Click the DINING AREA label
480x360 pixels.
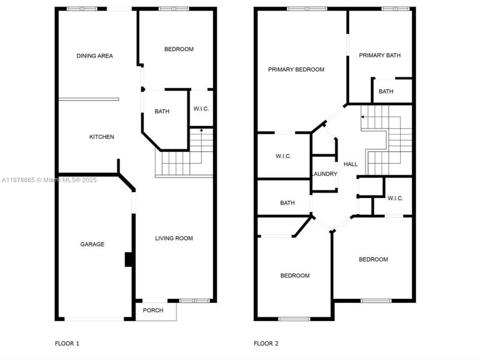coord(95,56)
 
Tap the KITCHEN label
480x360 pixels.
coord(101,137)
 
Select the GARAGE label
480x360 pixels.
coord(92,244)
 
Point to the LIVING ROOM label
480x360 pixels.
coord(174,238)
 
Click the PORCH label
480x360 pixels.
coord(152,310)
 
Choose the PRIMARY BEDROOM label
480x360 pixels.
coord(296,70)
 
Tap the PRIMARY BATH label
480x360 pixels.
coord(380,55)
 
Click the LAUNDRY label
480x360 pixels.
coord(325,174)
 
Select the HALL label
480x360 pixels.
coord(350,164)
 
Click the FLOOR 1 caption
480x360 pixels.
coord(67,344)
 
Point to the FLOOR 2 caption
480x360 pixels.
coord(266,344)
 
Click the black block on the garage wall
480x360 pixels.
coord(128,259)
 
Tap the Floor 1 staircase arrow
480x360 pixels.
coord(201,129)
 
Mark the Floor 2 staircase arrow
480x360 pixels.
coord(362,116)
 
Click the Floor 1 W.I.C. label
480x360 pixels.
coord(200,109)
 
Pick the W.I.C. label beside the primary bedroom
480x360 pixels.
coord(283,156)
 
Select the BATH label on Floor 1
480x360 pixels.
coord(162,111)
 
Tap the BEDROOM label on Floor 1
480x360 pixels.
coord(179,49)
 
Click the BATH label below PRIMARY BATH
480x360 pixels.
coord(386,92)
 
